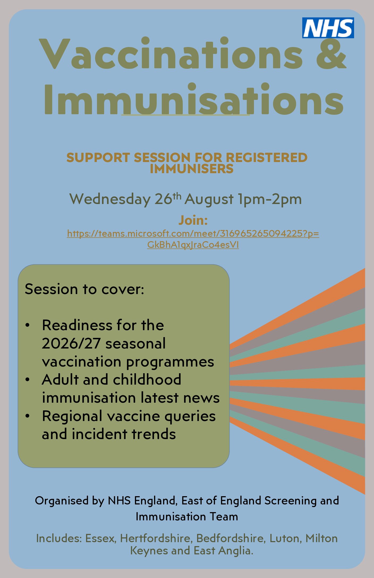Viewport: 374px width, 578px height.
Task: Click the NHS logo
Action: pyautogui.click(x=328, y=28)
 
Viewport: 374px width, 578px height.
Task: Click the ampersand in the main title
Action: pyautogui.click(x=331, y=53)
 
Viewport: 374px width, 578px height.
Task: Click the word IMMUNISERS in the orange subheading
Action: pyautogui.click(x=192, y=169)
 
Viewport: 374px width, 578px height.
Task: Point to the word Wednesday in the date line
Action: pyautogui.click(x=110, y=199)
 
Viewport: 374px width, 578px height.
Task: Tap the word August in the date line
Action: pyautogui.click(x=209, y=199)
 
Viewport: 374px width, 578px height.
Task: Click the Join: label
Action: pyautogui.click(x=193, y=220)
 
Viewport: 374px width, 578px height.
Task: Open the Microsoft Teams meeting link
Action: pyautogui.click(x=193, y=239)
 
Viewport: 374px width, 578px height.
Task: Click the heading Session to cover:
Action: pyautogui.click(x=84, y=289)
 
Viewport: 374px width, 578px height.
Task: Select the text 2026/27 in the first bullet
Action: pyautogui.click(x=71, y=343)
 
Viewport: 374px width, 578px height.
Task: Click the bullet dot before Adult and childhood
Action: pyautogui.click(x=27, y=380)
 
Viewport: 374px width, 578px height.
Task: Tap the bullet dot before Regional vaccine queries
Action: pyautogui.click(x=27, y=416)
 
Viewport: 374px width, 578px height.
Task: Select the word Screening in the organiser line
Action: pyautogui.click(x=290, y=501)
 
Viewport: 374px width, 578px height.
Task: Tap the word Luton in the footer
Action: pyautogui.click(x=285, y=538)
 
